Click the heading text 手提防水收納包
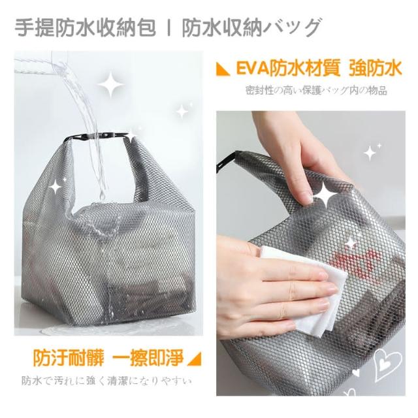pos(85,27)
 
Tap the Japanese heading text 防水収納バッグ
pos(251,27)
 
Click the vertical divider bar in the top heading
pos(169,27)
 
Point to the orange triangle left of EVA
pos(223,70)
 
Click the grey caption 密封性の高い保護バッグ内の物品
pos(316,91)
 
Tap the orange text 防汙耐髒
pos(69,358)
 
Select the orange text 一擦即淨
pos(148,358)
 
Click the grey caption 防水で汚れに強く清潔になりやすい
pos(106,381)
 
